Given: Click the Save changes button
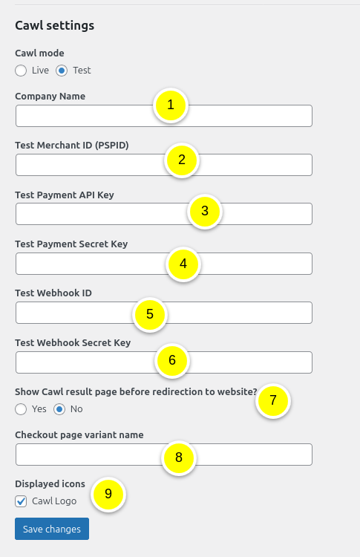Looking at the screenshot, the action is click(52, 529).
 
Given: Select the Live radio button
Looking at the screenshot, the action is click(21, 71).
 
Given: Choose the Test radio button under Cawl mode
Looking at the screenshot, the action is click(62, 71).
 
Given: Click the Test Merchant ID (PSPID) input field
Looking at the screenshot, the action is click(89, 165).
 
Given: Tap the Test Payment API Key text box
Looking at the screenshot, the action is click(99, 214).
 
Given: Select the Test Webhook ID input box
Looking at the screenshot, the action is click(71, 313).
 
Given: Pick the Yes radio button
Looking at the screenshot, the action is click(21, 409).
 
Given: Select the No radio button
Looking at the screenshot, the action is click(59, 409).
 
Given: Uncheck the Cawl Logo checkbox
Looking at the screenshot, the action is click(21, 501).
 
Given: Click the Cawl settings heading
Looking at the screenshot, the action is click(55, 25).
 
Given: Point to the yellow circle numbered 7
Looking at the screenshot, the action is click(273, 400).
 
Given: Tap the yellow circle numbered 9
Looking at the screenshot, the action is click(108, 494).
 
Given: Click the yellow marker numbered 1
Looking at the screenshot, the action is click(171, 105).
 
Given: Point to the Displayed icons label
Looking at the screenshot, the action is click(50, 483).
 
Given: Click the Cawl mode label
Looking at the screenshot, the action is click(39, 53).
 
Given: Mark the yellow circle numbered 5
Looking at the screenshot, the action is click(150, 314).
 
